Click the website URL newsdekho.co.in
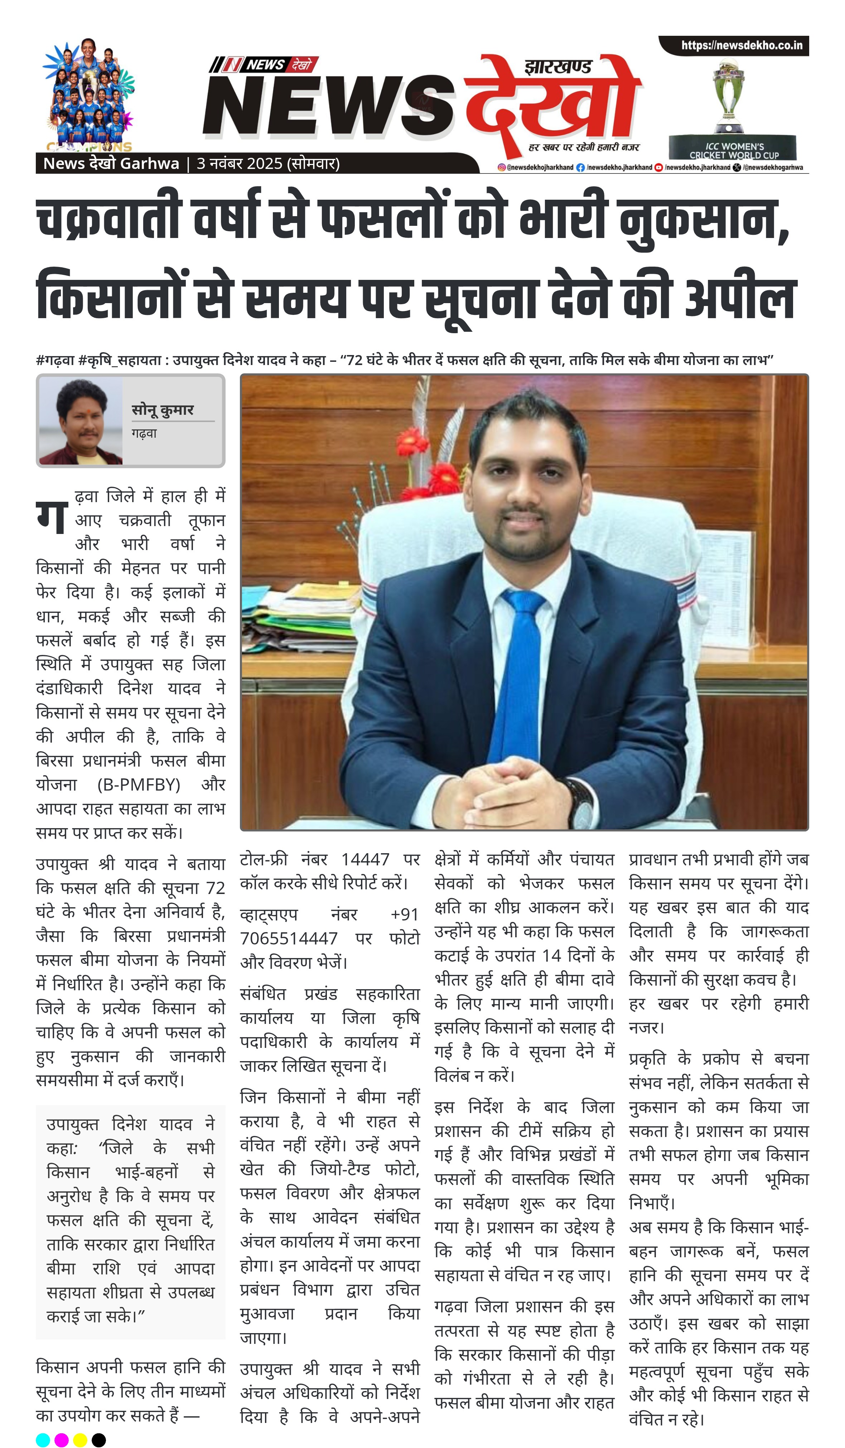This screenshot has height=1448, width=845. click(742, 45)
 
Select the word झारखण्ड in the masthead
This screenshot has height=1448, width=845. click(557, 68)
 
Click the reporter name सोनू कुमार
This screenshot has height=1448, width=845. click(163, 410)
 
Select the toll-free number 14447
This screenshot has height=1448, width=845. click(365, 860)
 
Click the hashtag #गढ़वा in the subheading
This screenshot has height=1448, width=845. click(55, 361)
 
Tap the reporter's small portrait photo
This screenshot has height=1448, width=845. click(81, 421)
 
